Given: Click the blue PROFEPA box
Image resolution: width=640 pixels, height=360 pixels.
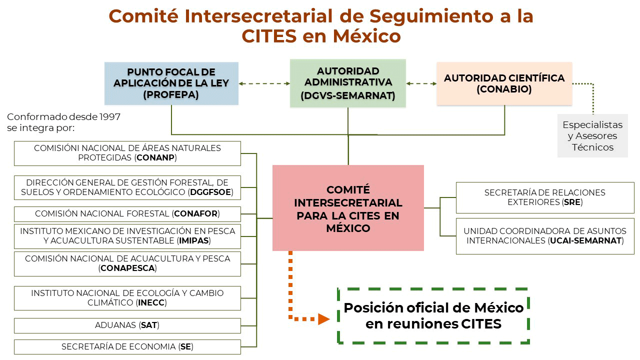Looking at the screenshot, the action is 171,83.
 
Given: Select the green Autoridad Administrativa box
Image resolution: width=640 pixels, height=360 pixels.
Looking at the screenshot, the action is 347,83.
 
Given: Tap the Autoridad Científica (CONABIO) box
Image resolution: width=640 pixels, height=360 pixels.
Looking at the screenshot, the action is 504,83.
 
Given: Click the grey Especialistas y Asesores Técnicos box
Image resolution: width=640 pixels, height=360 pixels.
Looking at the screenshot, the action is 592,135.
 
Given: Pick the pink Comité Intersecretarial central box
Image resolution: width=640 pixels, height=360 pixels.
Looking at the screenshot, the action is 348,208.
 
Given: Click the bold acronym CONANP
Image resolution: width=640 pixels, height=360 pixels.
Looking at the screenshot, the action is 155,157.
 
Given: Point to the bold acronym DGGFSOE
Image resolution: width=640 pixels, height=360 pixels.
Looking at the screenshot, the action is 210,192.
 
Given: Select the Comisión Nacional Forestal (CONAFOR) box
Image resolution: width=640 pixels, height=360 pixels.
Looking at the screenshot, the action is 127,214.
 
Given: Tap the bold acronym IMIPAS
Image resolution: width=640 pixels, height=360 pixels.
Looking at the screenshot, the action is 193,240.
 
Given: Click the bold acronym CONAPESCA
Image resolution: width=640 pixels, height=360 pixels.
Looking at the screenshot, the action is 127,268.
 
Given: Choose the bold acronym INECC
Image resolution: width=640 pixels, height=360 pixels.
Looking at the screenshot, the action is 151,302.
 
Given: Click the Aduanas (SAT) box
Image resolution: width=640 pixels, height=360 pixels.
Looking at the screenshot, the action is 127,325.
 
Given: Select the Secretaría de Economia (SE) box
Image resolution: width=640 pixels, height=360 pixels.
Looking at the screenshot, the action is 127,347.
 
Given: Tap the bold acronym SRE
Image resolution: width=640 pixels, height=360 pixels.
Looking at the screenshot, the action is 572,202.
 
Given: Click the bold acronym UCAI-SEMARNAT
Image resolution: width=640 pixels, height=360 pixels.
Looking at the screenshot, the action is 585,240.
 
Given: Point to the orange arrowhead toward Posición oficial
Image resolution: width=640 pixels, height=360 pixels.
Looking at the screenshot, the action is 323,319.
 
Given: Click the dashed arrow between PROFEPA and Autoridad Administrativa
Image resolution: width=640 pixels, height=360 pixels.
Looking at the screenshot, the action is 264,83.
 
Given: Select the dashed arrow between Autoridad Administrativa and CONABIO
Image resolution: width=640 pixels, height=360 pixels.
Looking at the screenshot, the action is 421,83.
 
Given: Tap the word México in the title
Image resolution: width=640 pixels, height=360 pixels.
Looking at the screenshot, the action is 367,36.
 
